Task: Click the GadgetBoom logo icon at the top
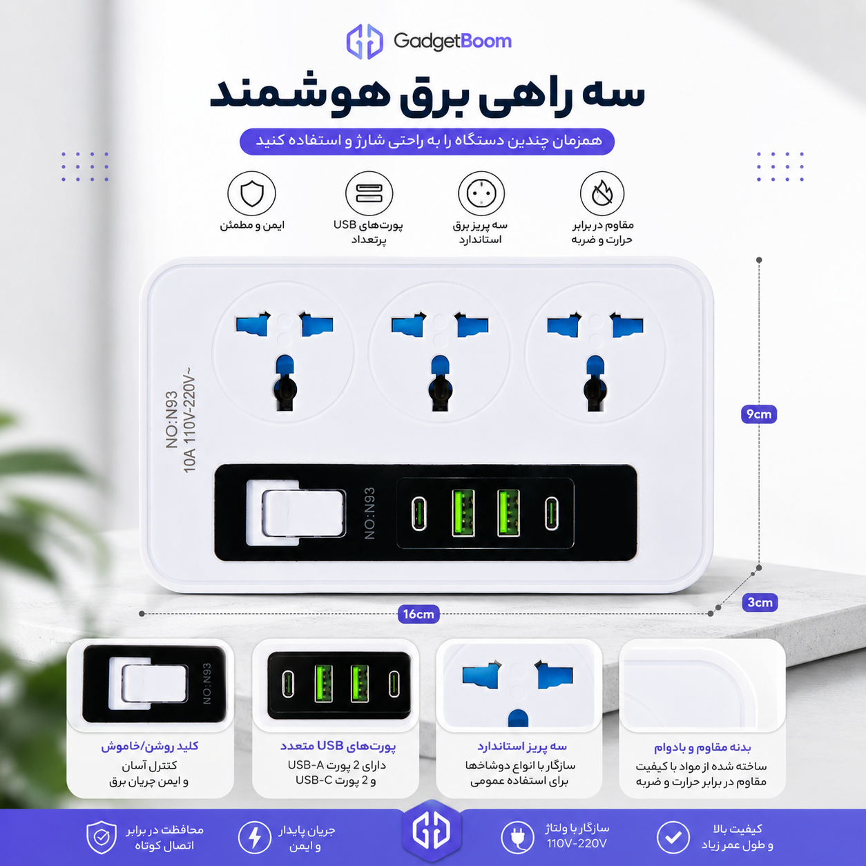[365, 41]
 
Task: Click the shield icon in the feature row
[251, 193]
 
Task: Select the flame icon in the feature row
[602, 193]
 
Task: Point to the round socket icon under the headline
[481, 193]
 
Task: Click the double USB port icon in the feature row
[369, 193]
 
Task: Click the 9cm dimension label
[758, 414]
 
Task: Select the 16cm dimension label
[418, 614]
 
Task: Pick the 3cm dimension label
[760, 602]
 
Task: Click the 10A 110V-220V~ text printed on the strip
[189, 420]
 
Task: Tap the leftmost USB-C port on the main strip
[419, 514]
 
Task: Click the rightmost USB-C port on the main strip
[551, 514]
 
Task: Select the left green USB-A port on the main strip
[463, 513]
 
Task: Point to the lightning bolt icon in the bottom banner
[255, 837]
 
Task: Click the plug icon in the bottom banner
[517, 837]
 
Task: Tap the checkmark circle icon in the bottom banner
[673, 837]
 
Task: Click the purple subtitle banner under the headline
[427, 141]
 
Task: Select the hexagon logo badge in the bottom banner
[432, 831]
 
